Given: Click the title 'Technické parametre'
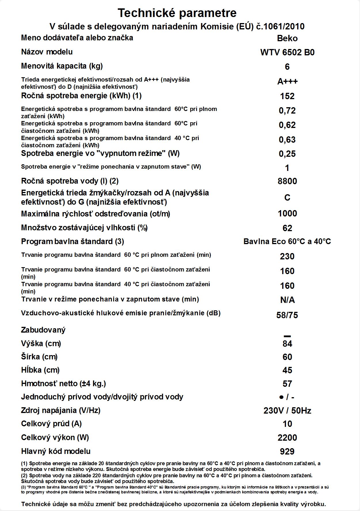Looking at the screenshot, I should click(x=177, y=13).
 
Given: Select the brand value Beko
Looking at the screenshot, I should click(x=287, y=38).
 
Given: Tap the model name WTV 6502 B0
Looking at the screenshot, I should click(x=287, y=52).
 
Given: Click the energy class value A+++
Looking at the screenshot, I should click(x=287, y=82).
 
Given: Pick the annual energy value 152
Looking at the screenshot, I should click(x=287, y=96).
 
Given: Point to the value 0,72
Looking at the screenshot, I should click(x=287, y=110).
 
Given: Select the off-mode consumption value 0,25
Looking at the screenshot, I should click(x=287, y=154).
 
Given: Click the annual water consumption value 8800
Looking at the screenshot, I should click(x=287, y=181).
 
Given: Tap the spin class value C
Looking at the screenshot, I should click(x=287, y=198).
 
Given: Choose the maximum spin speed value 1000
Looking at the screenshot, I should click(x=287, y=214).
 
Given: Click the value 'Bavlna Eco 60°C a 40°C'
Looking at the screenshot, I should click(x=287, y=242).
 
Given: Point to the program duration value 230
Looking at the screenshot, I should click(x=287, y=256).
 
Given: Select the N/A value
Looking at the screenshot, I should click(x=287, y=300).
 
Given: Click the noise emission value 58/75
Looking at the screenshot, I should click(x=287, y=315).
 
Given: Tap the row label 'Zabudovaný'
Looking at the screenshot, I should click(x=43, y=330).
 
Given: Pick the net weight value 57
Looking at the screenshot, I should click(x=287, y=384).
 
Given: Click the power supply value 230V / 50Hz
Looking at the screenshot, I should click(x=287, y=411).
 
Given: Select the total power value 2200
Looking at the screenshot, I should click(x=287, y=438).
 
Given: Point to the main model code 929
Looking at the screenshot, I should click(x=287, y=451).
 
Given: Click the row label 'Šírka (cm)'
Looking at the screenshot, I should click(x=39, y=357).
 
